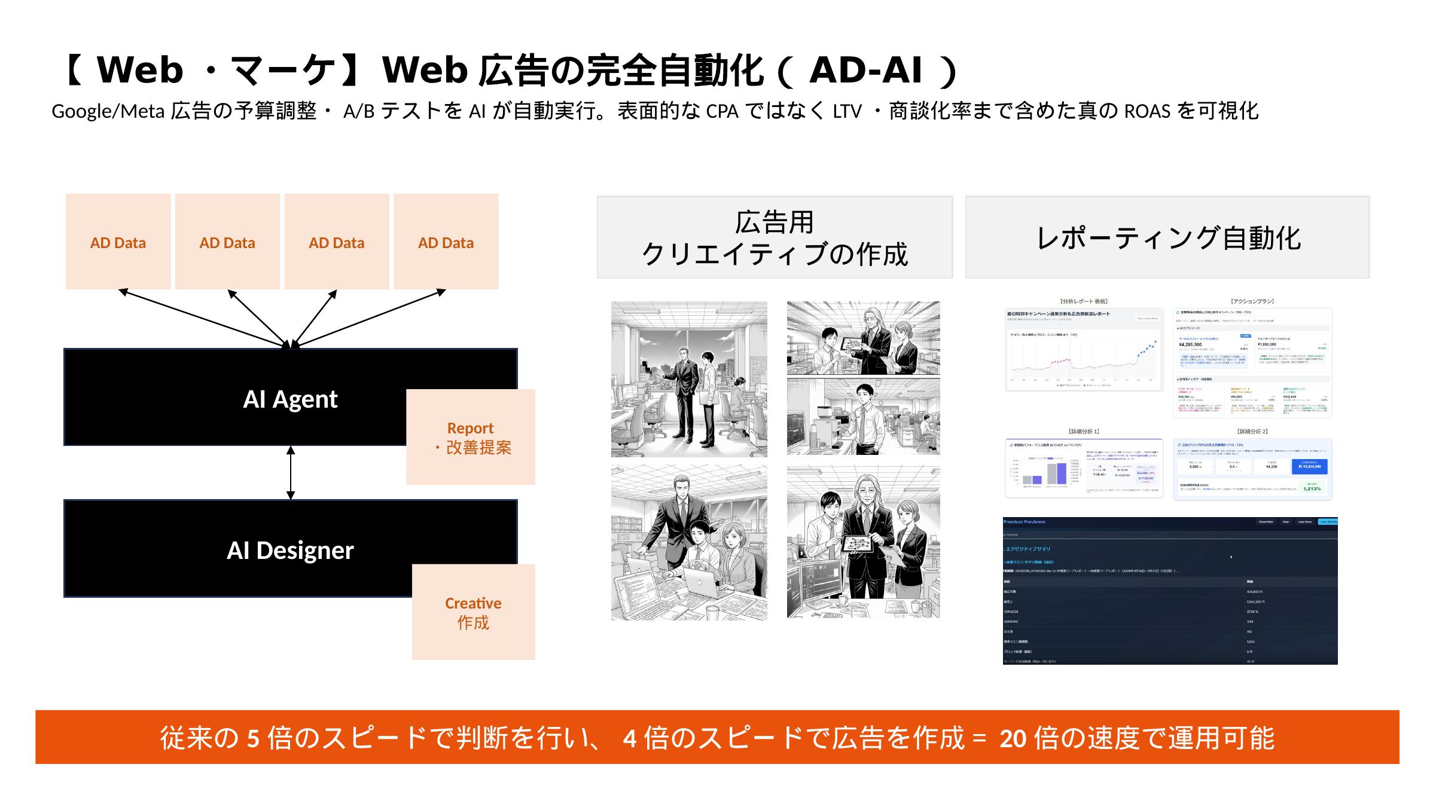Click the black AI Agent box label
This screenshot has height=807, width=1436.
click(x=290, y=399)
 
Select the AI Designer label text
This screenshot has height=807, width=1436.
click(x=290, y=551)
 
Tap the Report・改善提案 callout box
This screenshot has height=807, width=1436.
click(x=471, y=437)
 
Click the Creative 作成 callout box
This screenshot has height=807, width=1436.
click(x=473, y=612)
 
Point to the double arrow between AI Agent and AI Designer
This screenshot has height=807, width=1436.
click(x=291, y=472)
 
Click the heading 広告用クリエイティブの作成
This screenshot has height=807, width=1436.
click(x=775, y=237)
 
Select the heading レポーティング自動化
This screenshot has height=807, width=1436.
click(x=1167, y=237)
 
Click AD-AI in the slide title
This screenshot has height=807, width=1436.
click(x=865, y=71)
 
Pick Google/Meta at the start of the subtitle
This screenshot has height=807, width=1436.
click(x=108, y=111)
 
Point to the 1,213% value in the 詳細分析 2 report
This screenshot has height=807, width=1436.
click(x=1312, y=488)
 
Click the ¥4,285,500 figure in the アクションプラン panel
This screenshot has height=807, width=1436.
click(x=1190, y=344)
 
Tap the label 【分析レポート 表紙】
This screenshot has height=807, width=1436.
click(x=1084, y=301)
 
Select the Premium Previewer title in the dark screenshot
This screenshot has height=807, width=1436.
click(x=1025, y=522)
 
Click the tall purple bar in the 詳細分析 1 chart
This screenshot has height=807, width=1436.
click(x=1061, y=473)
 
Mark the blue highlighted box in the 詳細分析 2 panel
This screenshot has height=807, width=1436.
click(x=1309, y=466)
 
